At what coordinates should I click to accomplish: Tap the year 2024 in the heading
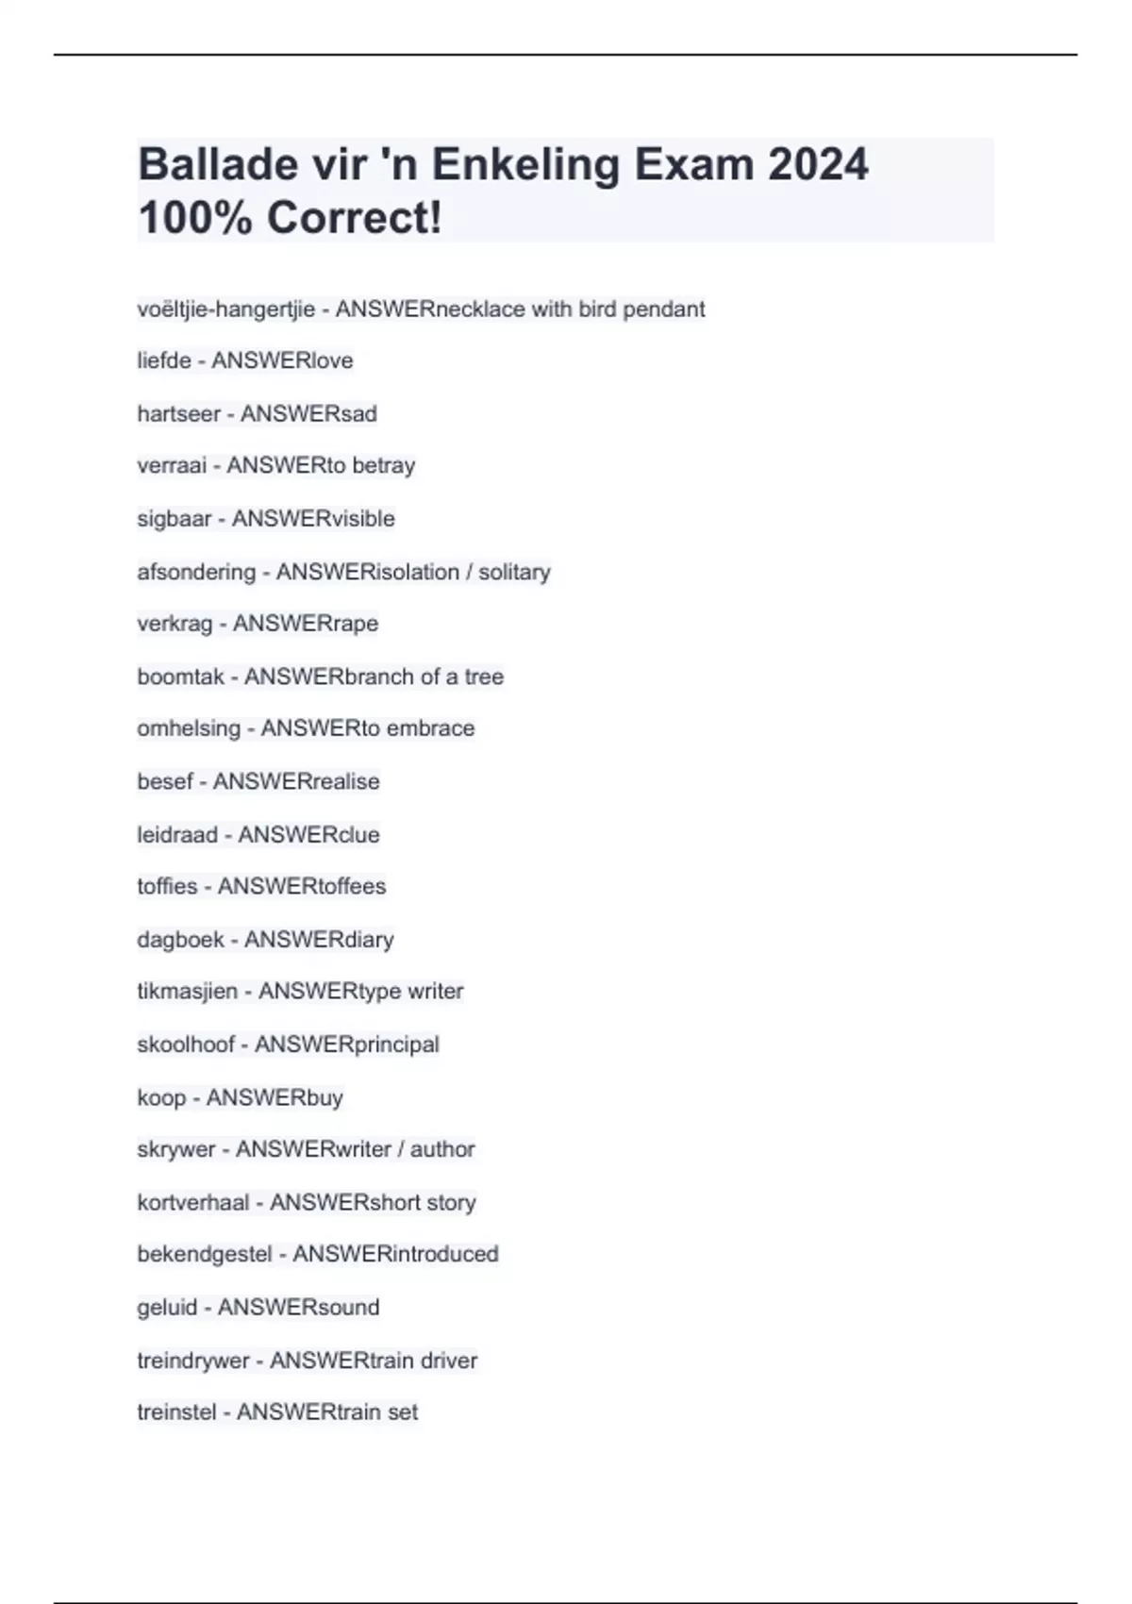(x=817, y=165)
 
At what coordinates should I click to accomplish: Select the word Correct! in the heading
(x=354, y=219)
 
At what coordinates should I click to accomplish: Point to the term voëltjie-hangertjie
(x=226, y=309)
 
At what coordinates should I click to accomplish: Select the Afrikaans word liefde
(x=164, y=361)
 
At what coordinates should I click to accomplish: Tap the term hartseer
(x=178, y=414)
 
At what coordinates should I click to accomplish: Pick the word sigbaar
(x=175, y=519)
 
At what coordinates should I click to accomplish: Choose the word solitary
(x=514, y=572)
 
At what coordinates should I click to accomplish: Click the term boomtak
(x=180, y=677)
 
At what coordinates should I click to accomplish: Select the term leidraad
(x=177, y=835)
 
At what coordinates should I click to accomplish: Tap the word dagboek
(x=180, y=940)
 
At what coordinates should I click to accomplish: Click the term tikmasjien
(x=187, y=992)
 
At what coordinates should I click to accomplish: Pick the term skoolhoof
(x=186, y=1044)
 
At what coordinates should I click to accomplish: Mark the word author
(x=442, y=1149)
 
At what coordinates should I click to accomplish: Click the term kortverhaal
(x=193, y=1203)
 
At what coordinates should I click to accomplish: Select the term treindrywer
(x=193, y=1361)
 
